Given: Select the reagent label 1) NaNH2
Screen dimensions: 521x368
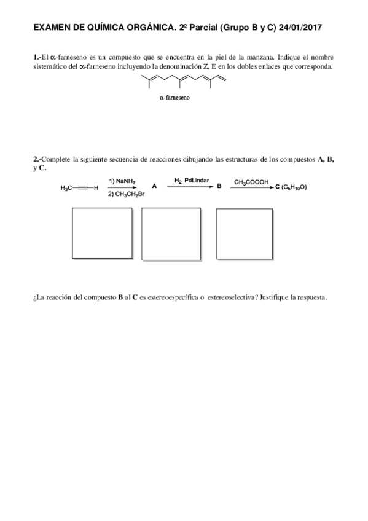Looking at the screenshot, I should coord(122,181).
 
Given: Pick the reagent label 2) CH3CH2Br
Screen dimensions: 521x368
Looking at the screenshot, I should coord(127,194).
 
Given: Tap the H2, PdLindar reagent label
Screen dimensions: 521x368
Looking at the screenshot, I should coord(191,181).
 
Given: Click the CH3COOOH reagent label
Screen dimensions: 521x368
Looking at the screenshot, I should coord(252,181).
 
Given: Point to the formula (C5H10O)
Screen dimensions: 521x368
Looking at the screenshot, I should coord(294,187).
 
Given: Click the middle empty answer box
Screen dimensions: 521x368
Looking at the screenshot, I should coord(171,234).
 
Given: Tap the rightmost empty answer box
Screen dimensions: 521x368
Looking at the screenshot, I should coord(245,234).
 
